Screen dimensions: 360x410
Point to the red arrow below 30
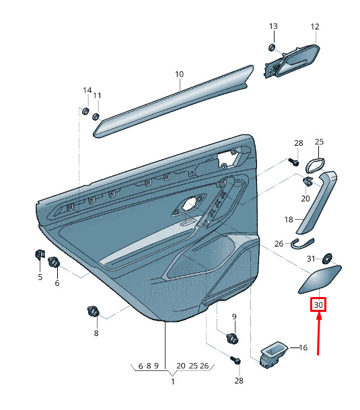tap(319, 334)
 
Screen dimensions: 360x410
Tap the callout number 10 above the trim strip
tap(180, 74)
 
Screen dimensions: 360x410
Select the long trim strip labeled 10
tap(174, 101)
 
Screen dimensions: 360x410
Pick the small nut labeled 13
tap(272, 48)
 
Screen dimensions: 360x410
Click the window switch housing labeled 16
tap(274, 354)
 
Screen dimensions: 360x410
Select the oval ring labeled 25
tap(315, 165)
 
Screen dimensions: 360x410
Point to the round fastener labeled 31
tap(327, 259)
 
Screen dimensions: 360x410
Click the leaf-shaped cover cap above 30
tap(320, 279)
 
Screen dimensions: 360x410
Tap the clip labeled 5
tap(40, 255)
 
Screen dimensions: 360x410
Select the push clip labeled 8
tap(94, 311)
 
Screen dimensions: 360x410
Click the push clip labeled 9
tap(232, 339)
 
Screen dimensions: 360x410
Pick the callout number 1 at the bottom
tap(173, 381)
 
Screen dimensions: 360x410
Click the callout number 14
tap(87, 91)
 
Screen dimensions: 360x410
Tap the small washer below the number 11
tap(96, 116)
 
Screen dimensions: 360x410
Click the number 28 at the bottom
tap(239, 380)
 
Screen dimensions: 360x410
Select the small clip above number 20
tap(308, 181)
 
